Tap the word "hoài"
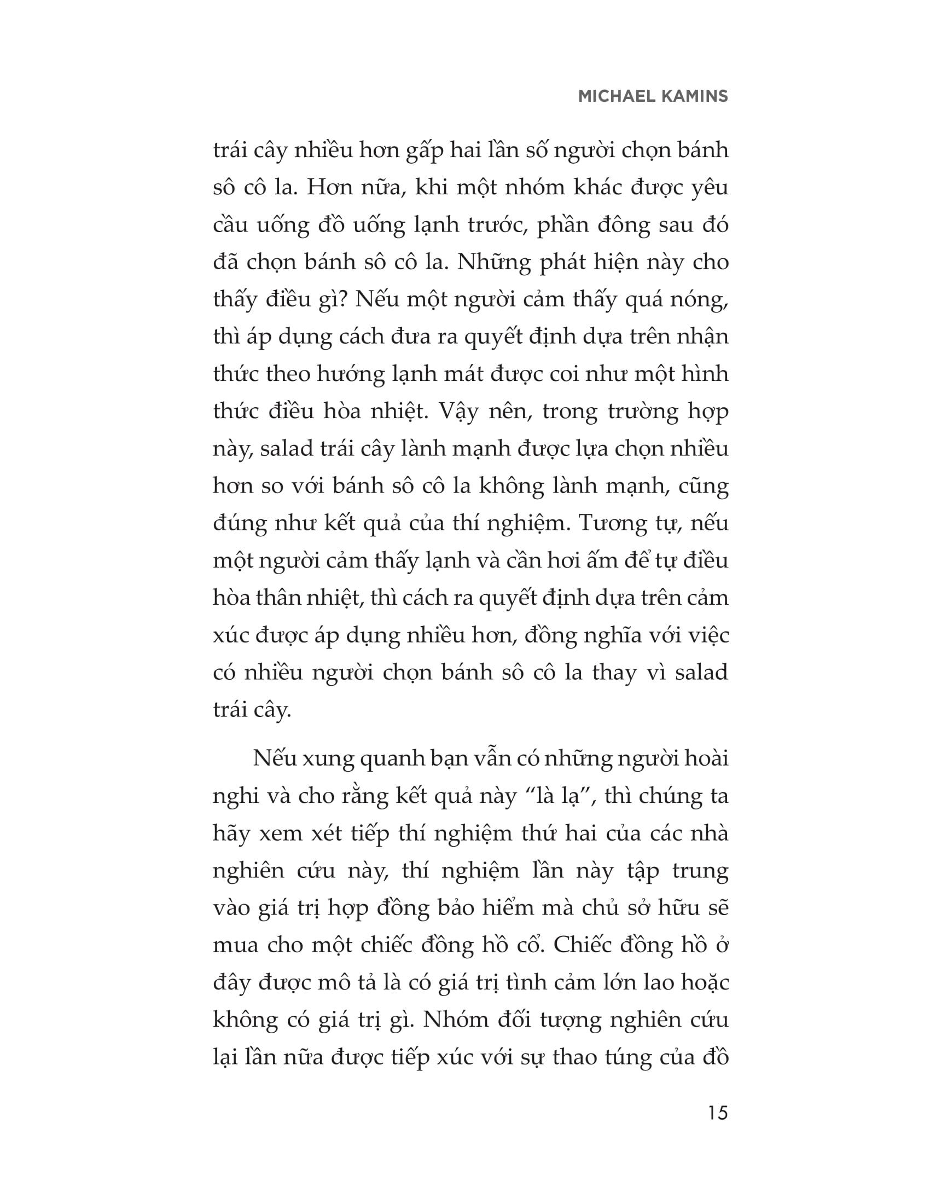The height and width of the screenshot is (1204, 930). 704,759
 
